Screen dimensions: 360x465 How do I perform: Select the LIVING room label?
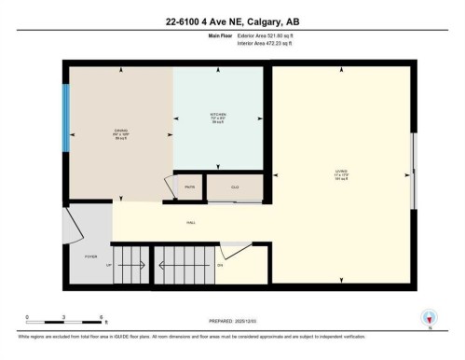click(x=340, y=171)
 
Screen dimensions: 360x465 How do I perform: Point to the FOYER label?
click(x=90, y=255)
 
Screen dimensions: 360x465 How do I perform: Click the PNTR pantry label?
click(x=189, y=187)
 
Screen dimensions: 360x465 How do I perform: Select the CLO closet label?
click(x=235, y=187)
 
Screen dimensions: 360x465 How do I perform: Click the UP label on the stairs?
click(x=110, y=265)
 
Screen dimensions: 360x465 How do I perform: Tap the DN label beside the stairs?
click(x=220, y=265)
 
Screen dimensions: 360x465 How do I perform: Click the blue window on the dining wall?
click(x=65, y=118)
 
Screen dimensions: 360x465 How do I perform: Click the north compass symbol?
click(x=429, y=317)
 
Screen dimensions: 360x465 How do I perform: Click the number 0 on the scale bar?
click(x=27, y=317)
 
